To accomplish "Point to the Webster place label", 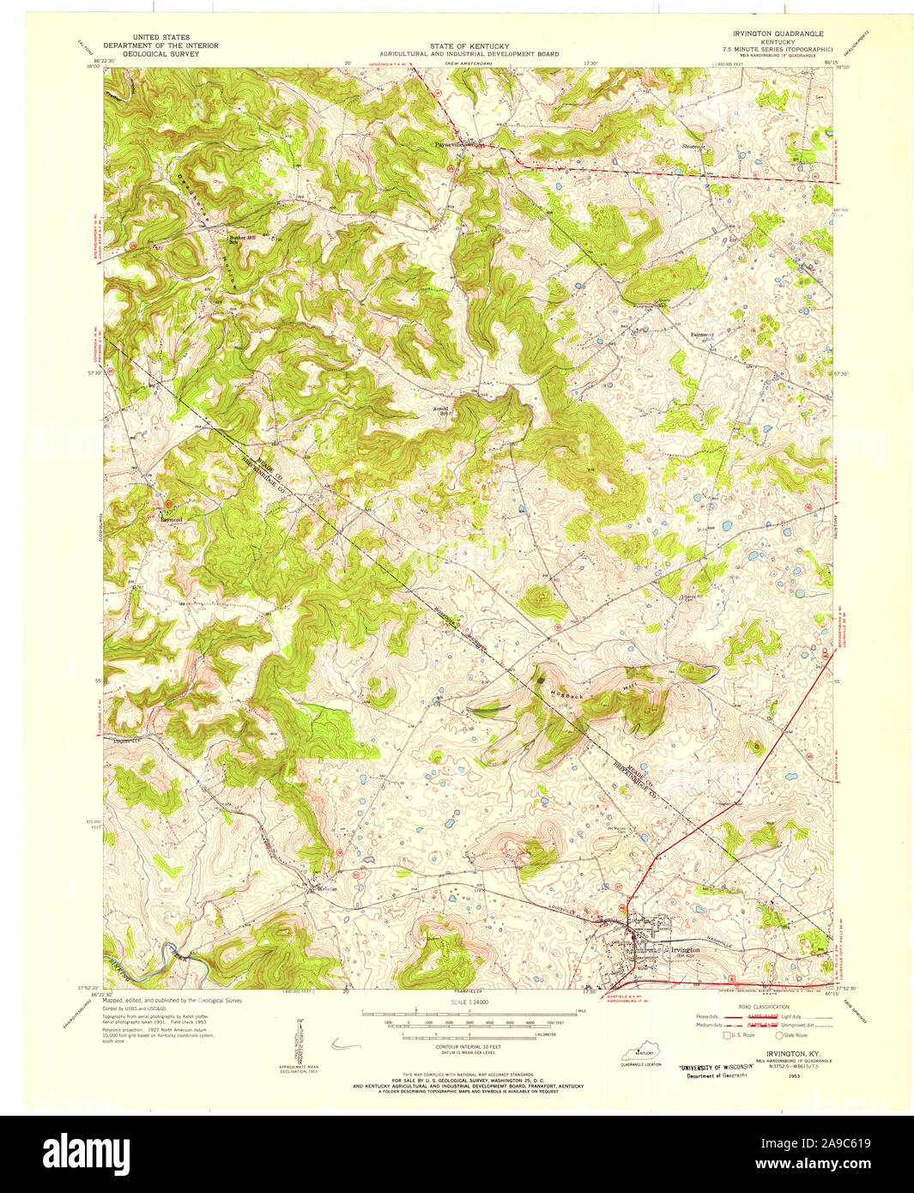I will pos(327,888).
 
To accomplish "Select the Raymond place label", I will pos(172,519).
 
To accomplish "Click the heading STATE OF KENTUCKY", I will pos(469,46).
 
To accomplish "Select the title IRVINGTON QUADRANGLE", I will pos(774,33).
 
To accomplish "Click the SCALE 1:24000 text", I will pos(469,1002).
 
